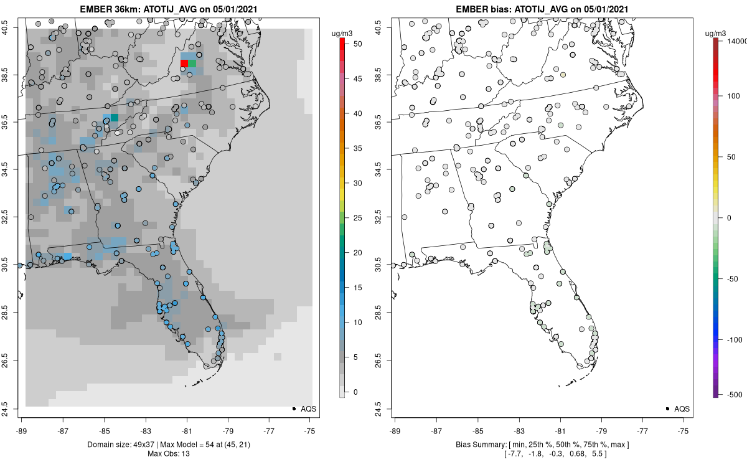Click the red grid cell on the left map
click(x=184, y=64)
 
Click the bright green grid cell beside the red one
click(x=192, y=64)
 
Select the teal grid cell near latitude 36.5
click(x=115, y=118)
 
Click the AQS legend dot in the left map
click(x=293, y=408)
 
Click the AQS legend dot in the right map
click(x=667, y=408)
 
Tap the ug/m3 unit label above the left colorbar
click(x=341, y=32)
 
